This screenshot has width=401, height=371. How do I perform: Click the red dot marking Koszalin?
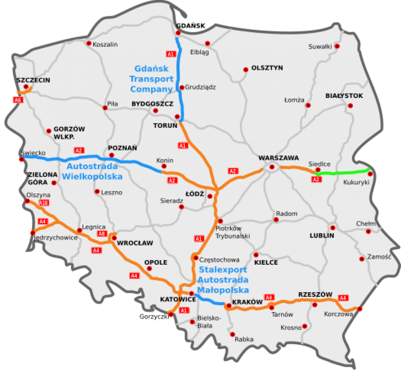click(89, 43)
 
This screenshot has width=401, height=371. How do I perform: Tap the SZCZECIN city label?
click(33, 80)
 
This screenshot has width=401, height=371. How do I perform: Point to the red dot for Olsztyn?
click(246, 70)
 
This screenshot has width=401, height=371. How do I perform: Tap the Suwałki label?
click(320, 46)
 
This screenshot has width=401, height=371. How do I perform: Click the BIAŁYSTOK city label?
click(344, 96)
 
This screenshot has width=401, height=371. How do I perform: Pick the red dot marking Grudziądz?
click(182, 87)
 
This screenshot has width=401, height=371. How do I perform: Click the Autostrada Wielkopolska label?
click(92, 171)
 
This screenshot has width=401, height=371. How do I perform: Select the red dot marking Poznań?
click(112, 155)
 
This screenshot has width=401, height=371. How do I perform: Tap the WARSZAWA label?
click(278, 158)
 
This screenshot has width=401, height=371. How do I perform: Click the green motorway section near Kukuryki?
click(345, 172)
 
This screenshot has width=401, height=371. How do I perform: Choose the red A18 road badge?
click(44, 203)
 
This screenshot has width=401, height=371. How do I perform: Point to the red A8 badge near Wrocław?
click(102, 234)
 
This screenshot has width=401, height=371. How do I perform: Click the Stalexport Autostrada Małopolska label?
click(223, 280)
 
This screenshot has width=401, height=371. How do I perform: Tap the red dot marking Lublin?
click(332, 227)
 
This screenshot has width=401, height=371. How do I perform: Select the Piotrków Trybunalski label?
click(233, 232)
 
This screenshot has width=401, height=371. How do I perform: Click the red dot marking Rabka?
click(233, 334)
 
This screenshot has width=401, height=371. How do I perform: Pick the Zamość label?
click(379, 257)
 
